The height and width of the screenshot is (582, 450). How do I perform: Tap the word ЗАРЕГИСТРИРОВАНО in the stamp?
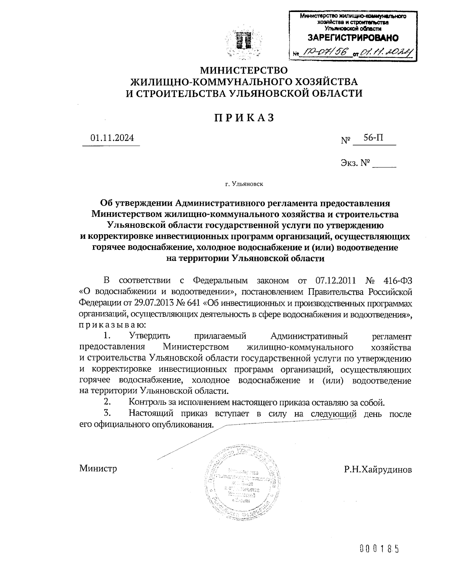click(353, 38)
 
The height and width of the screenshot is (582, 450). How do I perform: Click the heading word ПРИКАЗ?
click(244, 118)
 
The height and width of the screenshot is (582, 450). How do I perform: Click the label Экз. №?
click(355, 163)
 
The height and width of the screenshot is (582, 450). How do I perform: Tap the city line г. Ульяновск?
click(244, 184)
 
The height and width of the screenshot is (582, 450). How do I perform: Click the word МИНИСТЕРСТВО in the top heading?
click(244, 70)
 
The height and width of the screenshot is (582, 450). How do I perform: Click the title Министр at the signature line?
click(98, 468)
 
